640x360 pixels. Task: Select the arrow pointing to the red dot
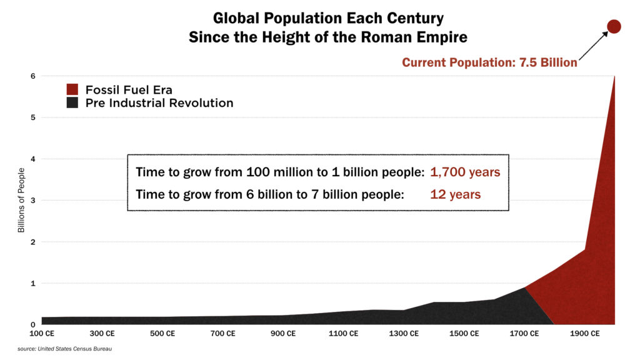click(594, 46)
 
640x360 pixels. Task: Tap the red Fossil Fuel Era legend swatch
click(72, 89)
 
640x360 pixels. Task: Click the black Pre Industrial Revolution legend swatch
click(72, 102)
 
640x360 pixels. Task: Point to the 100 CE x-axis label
click(42, 334)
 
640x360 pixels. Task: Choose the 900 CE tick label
click(284, 334)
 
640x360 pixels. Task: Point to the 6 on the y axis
click(32, 76)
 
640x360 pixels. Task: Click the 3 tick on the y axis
click(32, 201)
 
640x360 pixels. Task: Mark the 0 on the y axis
click(32, 324)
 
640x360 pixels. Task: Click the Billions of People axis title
click(21, 201)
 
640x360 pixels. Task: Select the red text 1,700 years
click(465, 172)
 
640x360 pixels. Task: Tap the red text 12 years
click(455, 194)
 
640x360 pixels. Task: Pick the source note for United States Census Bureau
click(60, 348)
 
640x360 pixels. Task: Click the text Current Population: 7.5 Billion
click(489, 62)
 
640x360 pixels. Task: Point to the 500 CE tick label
click(162, 334)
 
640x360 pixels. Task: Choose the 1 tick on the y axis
click(32, 283)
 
